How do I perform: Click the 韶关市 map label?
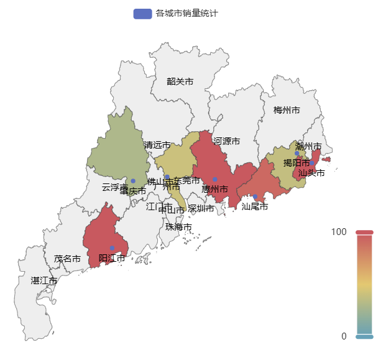pyautogui.click(x=180, y=81)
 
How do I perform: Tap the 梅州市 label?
pyautogui.click(x=287, y=110)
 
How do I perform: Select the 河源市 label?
pyautogui.click(x=226, y=141)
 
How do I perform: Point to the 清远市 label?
pyautogui.click(x=157, y=145)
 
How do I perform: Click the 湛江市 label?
pyautogui.click(x=44, y=280)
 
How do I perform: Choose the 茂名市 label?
pyautogui.click(x=67, y=259)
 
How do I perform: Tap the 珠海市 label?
pyautogui.click(x=178, y=227)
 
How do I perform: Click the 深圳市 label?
pyautogui.click(x=201, y=208)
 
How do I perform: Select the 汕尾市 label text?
pyautogui.click(x=255, y=206)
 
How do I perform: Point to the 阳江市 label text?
pyautogui.click(x=112, y=258)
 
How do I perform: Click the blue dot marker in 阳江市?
pyautogui.click(x=113, y=248)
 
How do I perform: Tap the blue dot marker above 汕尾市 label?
pyautogui.click(x=255, y=197)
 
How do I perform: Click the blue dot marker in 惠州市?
pyautogui.click(x=215, y=180)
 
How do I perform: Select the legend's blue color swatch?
pyautogui.click(x=142, y=14)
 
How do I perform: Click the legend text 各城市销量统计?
pyautogui.click(x=186, y=14)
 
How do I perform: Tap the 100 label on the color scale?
pyautogui.click(x=339, y=232)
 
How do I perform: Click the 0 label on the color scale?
pyautogui.click(x=344, y=336)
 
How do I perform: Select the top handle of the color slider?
pyautogui.click(x=364, y=232)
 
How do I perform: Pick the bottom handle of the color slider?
pyautogui.click(x=364, y=336)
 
